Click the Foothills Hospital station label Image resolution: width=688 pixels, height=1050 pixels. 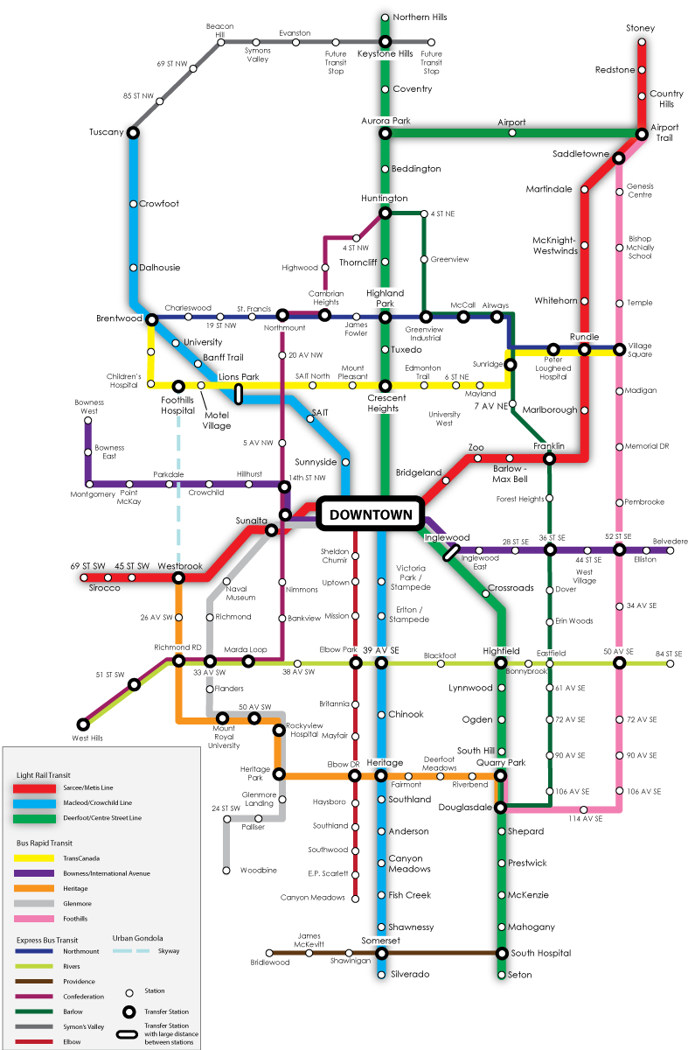pyautogui.click(x=177, y=404)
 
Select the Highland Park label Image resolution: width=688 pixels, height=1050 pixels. pyautogui.click(x=386, y=298)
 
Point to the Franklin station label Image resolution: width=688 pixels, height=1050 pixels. pyautogui.click(x=549, y=446)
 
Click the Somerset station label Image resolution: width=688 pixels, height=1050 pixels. pyautogui.click(x=380, y=941)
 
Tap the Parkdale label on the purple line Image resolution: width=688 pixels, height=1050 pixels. pyautogui.click(x=169, y=474)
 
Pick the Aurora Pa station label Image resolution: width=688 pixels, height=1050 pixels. pyautogui.click(x=384, y=120)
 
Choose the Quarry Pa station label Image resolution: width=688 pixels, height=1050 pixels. pyautogui.click(x=498, y=762)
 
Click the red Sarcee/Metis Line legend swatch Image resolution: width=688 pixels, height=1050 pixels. pyautogui.click(x=34, y=788)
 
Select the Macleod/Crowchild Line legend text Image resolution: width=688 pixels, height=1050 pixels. pyautogui.click(x=98, y=802)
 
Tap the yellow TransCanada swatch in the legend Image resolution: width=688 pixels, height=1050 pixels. pyautogui.click(x=34, y=859)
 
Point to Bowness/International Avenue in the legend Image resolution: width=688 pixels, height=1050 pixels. pyautogui.click(x=107, y=873)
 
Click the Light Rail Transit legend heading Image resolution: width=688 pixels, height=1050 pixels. pyautogui.click(x=44, y=775)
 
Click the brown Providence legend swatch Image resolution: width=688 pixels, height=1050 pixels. pyautogui.click(x=34, y=982)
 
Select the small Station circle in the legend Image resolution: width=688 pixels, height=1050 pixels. pyautogui.click(x=129, y=992)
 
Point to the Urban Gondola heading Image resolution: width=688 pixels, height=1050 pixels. pyautogui.click(x=138, y=938)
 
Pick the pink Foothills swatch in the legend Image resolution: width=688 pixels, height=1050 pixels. pyautogui.click(x=34, y=919)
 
